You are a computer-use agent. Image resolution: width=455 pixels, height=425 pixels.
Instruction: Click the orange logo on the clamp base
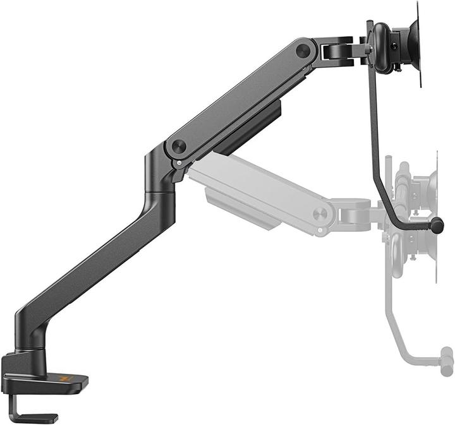click(63, 379)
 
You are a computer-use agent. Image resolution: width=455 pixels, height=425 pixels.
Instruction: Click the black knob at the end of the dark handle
click(437, 224)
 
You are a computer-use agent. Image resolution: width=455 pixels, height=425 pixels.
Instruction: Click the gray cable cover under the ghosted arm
click(240, 208)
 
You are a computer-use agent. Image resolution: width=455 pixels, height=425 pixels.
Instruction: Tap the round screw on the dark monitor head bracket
click(395, 46)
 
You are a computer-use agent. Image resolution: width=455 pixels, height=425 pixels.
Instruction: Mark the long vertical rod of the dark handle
click(372, 126)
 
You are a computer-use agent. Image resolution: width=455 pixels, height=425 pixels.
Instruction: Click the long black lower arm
click(95, 265)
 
